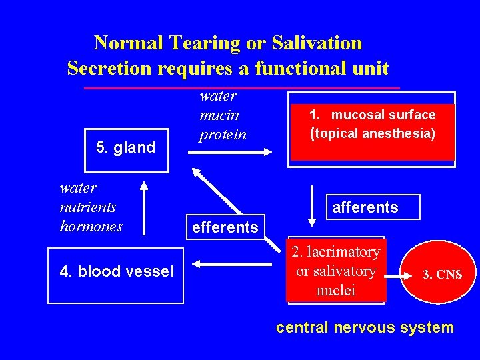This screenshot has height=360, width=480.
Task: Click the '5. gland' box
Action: pyautogui.click(x=125, y=147)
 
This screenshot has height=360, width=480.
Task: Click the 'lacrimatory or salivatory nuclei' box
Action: pyautogui.click(x=336, y=271)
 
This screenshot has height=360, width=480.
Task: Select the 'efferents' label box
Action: pyautogui.click(x=225, y=227)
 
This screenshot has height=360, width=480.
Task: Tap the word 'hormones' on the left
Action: pyautogui.click(x=91, y=226)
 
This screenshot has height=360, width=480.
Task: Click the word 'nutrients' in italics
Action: pyautogui.click(x=88, y=207)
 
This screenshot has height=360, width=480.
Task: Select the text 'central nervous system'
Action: pyautogui.click(x=365, y=327)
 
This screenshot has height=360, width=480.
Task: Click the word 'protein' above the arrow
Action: pyautogui.click(x=223, y=134)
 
